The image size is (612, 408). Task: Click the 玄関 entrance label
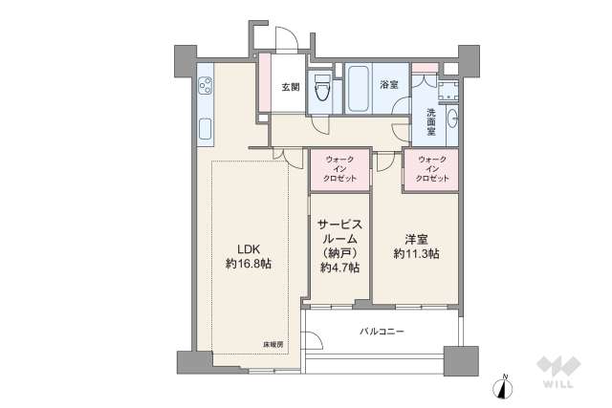291,86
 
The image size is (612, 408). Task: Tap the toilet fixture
323,88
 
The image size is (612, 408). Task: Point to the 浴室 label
389,85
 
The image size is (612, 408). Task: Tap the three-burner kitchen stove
206,88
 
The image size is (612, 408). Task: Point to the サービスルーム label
339,234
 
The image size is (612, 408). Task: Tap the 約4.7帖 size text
339,268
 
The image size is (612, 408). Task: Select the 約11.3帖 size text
416,253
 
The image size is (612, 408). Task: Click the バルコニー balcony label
382,332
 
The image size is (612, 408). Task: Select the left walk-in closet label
340,170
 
